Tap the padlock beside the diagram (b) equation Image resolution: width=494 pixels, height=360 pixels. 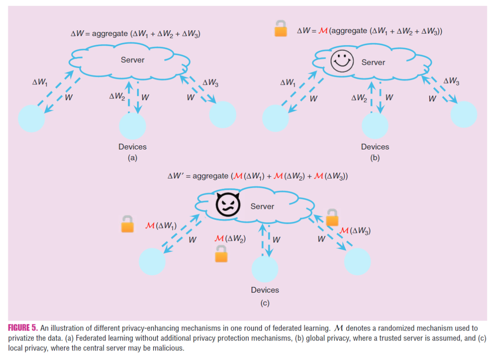tap(281, 30)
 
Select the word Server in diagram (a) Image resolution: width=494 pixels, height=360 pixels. tap(132, 60)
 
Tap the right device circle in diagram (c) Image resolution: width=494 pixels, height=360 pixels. tap(357, 262)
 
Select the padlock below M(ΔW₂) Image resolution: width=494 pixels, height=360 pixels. tap(221, 254)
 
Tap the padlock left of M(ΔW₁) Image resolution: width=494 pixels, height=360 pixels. tap(127, 224)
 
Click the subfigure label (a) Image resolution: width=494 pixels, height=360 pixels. tap(132, 158)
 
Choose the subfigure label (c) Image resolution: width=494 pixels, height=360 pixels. tap(265, 303)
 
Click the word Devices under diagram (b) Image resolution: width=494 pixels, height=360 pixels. tap(375, 147)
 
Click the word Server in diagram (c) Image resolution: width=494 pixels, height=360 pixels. tap(262, 206)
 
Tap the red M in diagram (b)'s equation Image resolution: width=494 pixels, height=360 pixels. tap(323, 31)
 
